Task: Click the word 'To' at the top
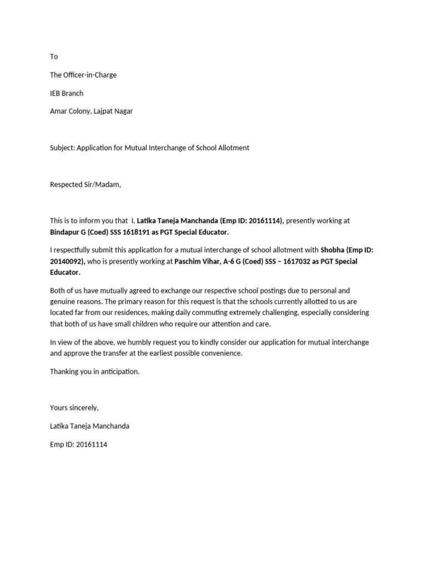click(x=54, y=57)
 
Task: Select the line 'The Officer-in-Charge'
click(x=83, y=75)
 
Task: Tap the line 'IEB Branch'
click(x=67, y=93)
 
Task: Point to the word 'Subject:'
click(x=62, y=148)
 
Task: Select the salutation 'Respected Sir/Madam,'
click(x=85, y=184)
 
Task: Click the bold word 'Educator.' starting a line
click(x=65, y=272)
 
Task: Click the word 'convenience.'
click(x=222, y=353)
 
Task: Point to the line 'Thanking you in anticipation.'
click(x=95, y=372)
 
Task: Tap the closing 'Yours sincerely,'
click(x=74, y=408)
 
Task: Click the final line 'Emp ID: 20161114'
click(x=79, y=444)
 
